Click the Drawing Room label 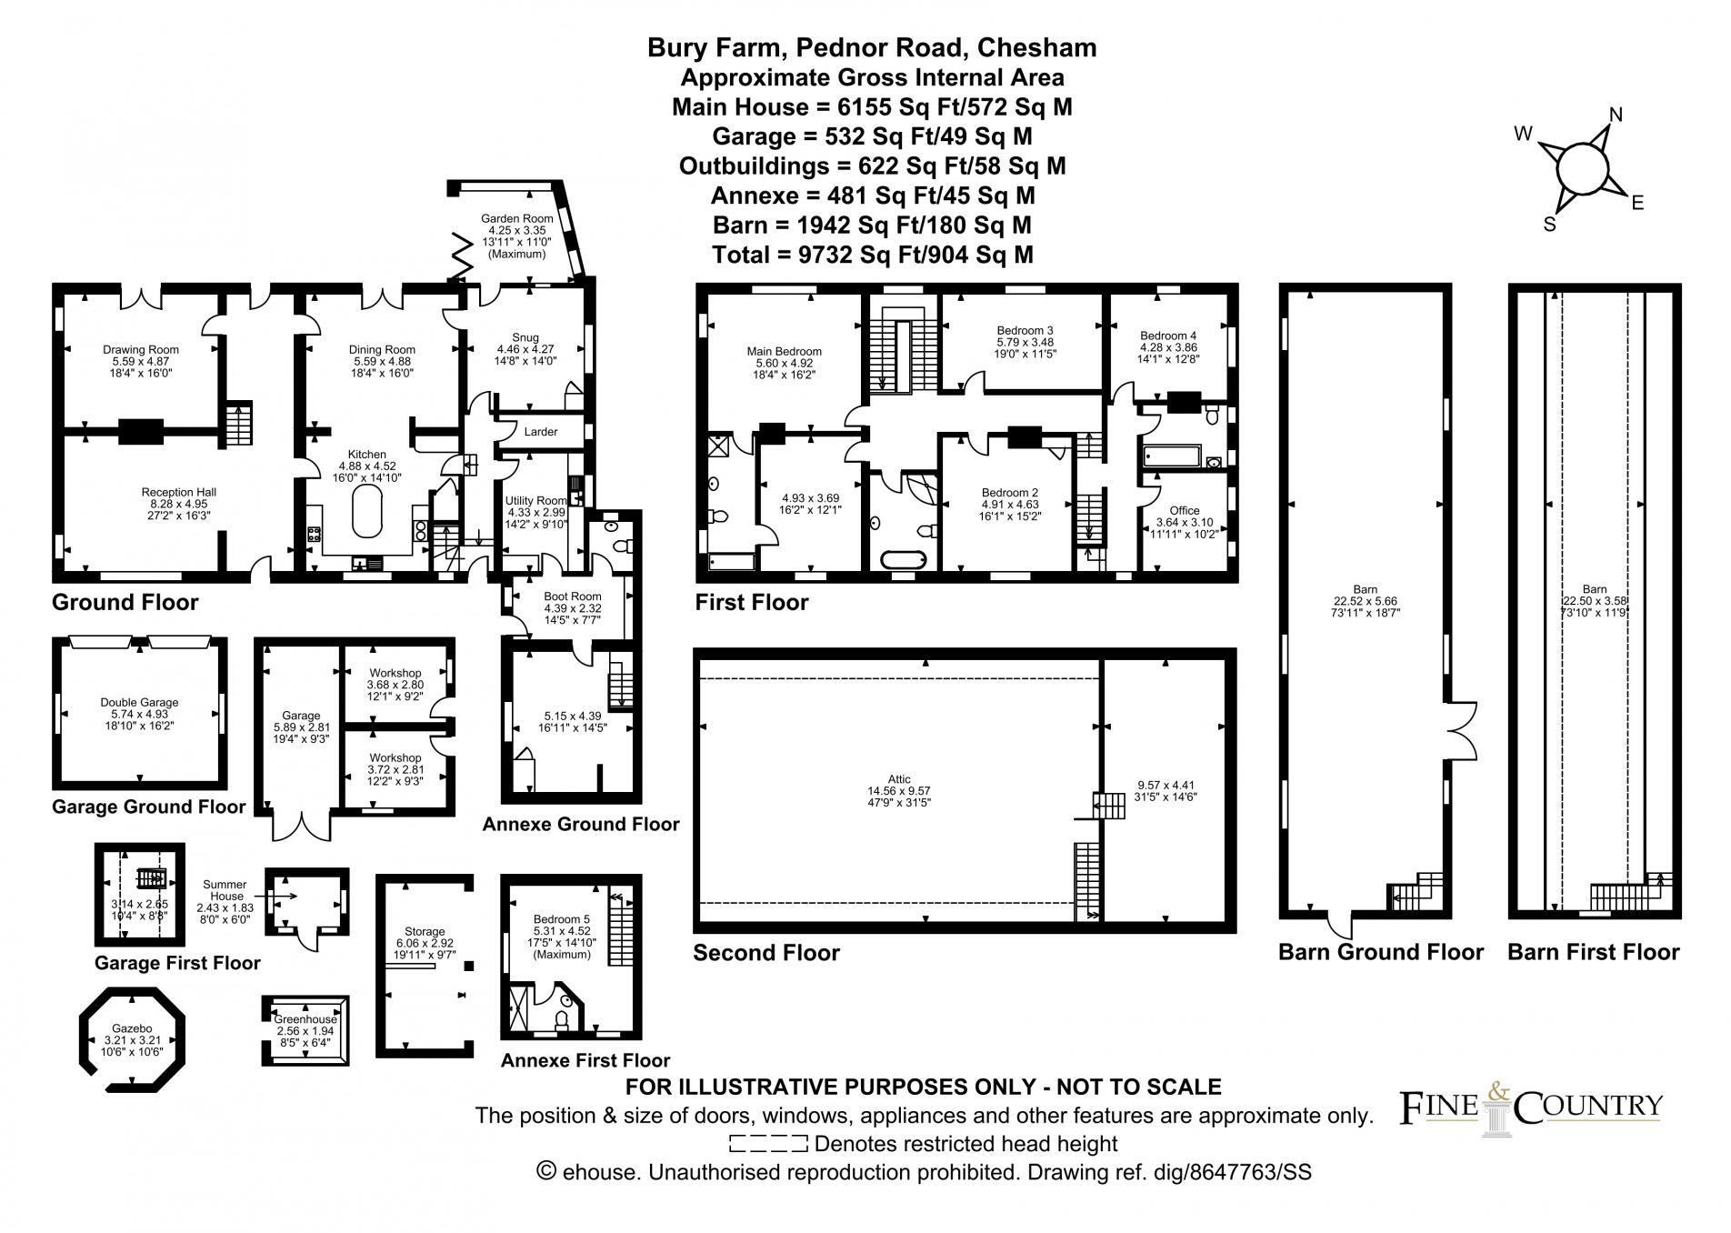[140, 349]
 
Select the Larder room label [541, 432]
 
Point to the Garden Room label [516, 218]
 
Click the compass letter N [1616, 115]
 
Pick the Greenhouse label [305, 1019]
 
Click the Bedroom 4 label [1168, 336]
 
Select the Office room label [1184, 510]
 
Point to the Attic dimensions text [898, 797]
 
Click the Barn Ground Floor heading [1380, 952]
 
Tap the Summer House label [225, 890]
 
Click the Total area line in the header [872, 255]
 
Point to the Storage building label [425, 931]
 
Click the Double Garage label [139, 702]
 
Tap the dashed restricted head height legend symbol [768, 1144]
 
